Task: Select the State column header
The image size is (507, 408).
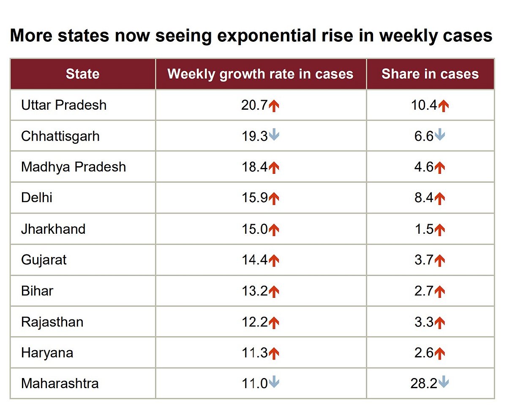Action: click(x=82, y=74)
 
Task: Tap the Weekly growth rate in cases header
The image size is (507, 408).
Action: click(x=260, y=74)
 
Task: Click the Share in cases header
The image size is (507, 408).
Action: click(x=430, y=74)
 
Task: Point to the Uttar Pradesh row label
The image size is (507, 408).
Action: click(x=64, y=105)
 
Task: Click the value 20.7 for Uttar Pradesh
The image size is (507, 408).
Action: click(x=254, y=105)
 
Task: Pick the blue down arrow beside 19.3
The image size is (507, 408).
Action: click(x=274, y=135)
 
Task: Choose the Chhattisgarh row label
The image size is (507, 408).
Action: click(x=60, y=136)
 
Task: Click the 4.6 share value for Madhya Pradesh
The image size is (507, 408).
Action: click(x=424, y=167)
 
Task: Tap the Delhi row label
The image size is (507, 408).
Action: click(x=37, y=198)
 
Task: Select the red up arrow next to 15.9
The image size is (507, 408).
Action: click(x=274, y=198)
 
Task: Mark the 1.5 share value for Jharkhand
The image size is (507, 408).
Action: click(x=424, y=229)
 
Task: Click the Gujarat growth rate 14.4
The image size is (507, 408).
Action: click(x=254, y=260)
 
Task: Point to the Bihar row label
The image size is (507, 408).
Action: click(x=37, y=291)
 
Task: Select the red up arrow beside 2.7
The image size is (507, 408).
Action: click(x=440, y=292)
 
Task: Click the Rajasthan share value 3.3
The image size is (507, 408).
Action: click(x=424, y=322)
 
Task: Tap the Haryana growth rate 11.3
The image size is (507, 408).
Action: click(x=254, y=353)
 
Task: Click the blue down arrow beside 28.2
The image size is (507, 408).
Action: click(x=443, y=383)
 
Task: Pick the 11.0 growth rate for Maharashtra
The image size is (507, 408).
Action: click(x=254, y=384)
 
